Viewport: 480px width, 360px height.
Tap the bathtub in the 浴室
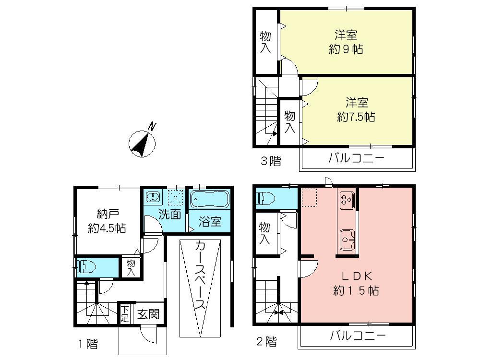[210, 199]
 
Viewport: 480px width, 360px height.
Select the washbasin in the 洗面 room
[153, 198]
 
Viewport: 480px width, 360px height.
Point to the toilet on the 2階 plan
[265, 198]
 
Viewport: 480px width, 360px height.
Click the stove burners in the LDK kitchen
[347, 199]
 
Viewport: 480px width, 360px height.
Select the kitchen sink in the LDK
[347, 238]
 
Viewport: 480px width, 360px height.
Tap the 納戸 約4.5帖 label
[107, 221]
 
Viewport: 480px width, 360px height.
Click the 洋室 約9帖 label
[346, 42]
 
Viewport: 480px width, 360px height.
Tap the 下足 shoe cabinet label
[124, 314]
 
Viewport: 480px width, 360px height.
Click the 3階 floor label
[270, 161]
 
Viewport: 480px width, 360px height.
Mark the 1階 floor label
[88, 344]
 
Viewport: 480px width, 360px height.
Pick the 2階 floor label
[265, 342]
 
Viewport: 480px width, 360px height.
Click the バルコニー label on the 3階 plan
[356, 158]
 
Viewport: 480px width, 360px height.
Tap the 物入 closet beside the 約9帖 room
[265, 42]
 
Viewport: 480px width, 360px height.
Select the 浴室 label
[210, 222]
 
